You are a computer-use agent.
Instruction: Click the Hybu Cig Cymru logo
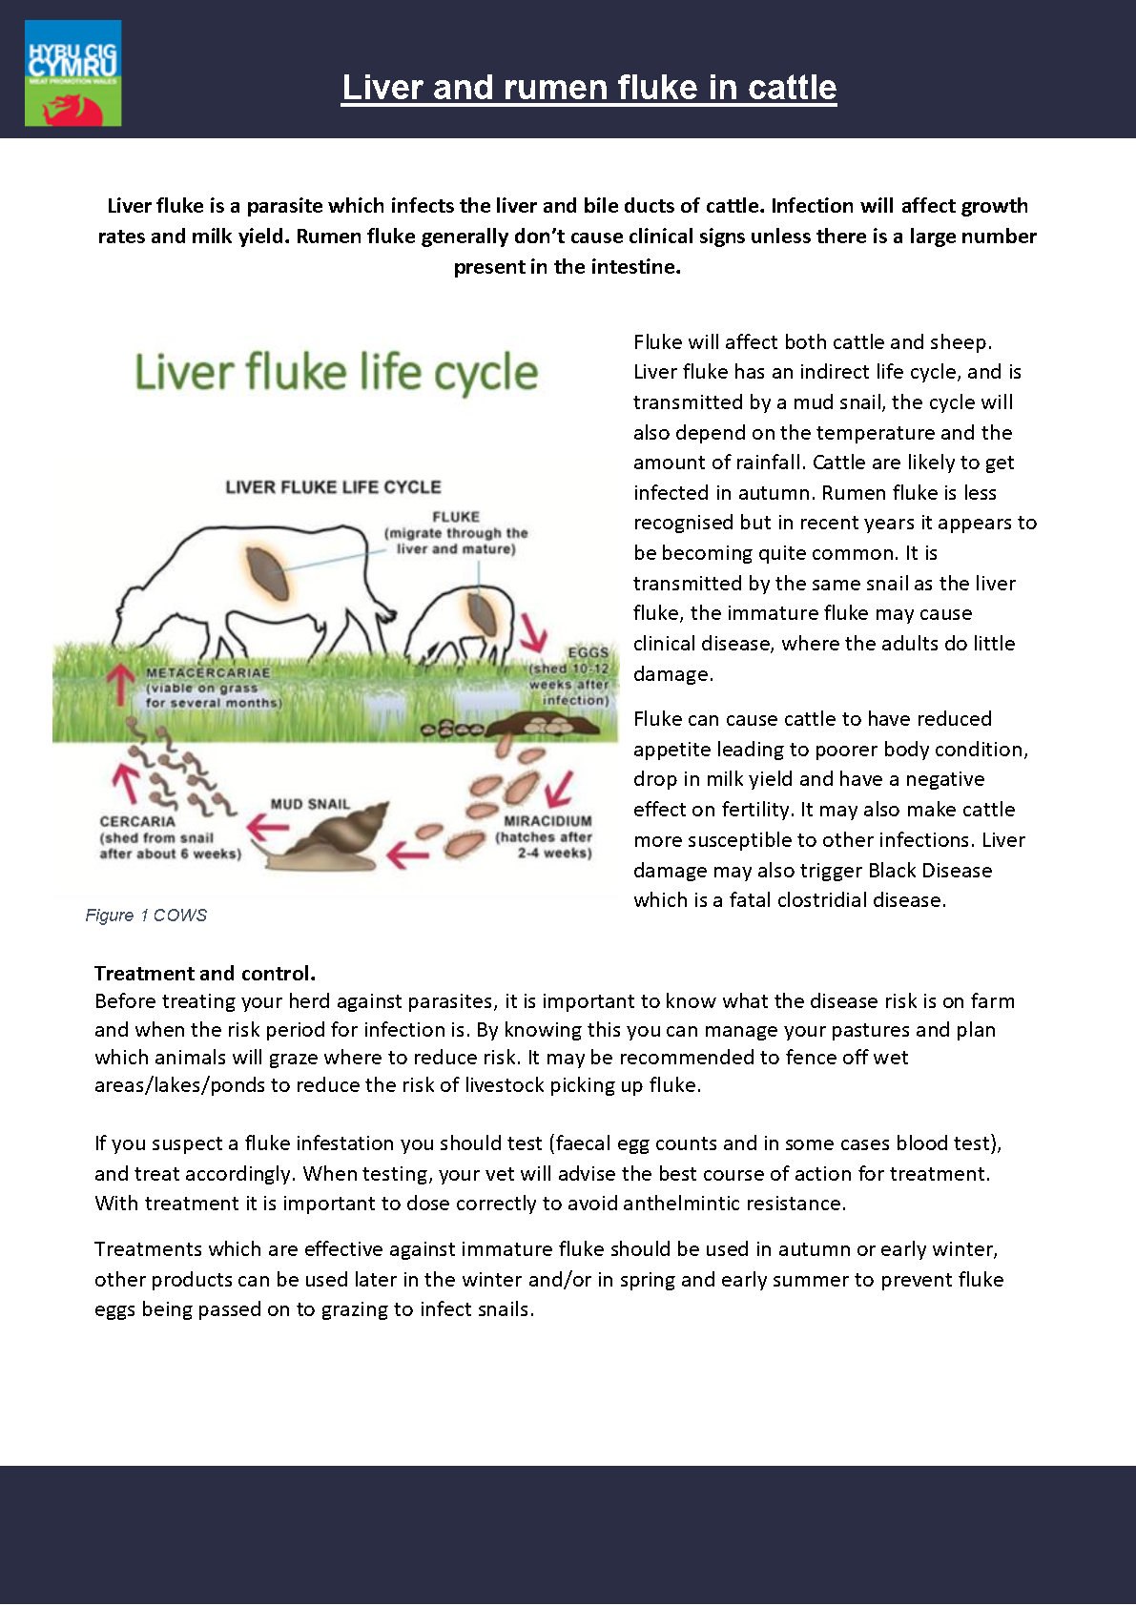(x=72, y=72)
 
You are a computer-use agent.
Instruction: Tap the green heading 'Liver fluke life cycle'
(x=336, y=372)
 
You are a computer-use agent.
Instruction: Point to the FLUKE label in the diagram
(x=456, y=517)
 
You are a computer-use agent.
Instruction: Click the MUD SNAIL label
(x=310, y=804)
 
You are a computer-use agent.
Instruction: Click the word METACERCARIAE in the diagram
(x=208, y=672)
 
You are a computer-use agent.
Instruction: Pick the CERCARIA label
(x=137, y=821)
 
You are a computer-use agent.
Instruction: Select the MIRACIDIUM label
(x=547, y=820)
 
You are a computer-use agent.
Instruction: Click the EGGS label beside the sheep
(x=588, y=653)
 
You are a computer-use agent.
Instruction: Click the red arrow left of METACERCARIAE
(x=120, y=682)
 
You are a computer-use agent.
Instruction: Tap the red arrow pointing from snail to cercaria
(x=266, y=826)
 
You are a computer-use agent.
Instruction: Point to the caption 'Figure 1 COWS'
(x=146, y=916)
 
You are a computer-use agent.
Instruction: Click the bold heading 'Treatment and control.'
(x=204, y=974)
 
